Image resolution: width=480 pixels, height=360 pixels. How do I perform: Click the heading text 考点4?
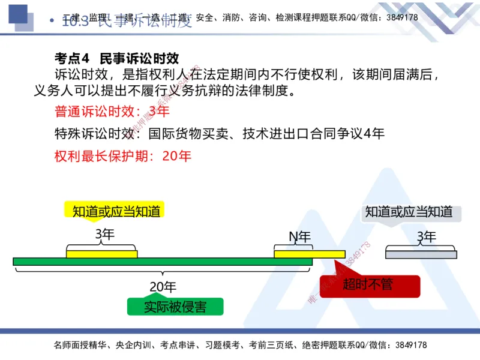tap(71, 58)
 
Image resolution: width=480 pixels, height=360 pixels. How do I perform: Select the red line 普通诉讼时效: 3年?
tap(112, 112)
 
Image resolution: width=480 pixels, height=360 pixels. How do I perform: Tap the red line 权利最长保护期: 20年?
tap(123, 156)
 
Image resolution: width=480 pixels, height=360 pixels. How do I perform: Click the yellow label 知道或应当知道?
tap(116, 211)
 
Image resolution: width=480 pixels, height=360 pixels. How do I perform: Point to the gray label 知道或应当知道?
tap(409, 211)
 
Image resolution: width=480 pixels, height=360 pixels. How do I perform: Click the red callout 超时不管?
tap(368, 284)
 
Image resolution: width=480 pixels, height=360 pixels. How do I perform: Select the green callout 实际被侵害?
tap(175, 307)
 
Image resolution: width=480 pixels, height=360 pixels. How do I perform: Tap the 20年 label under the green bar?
tap(163, 287)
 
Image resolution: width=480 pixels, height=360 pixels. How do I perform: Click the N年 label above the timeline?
tap(300, 237)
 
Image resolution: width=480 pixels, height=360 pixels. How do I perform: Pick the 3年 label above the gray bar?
tap(426, 237)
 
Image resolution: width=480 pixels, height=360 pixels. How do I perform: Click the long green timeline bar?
tap(162, 262)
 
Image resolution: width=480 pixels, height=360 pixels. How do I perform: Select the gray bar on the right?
tap(420, 254)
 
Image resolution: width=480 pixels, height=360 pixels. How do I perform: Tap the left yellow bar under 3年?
tap(102, 254)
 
